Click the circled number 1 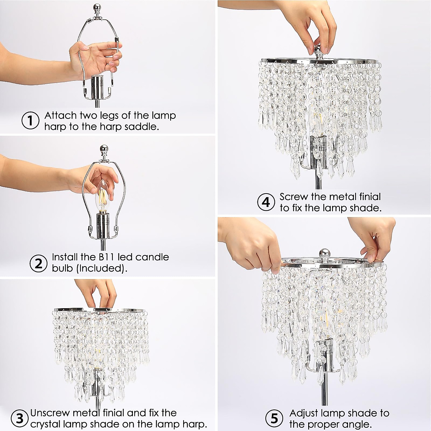coord(31,121)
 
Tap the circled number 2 coord(38,263)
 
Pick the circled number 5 coord(274,418)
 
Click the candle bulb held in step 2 coord(102,199)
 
